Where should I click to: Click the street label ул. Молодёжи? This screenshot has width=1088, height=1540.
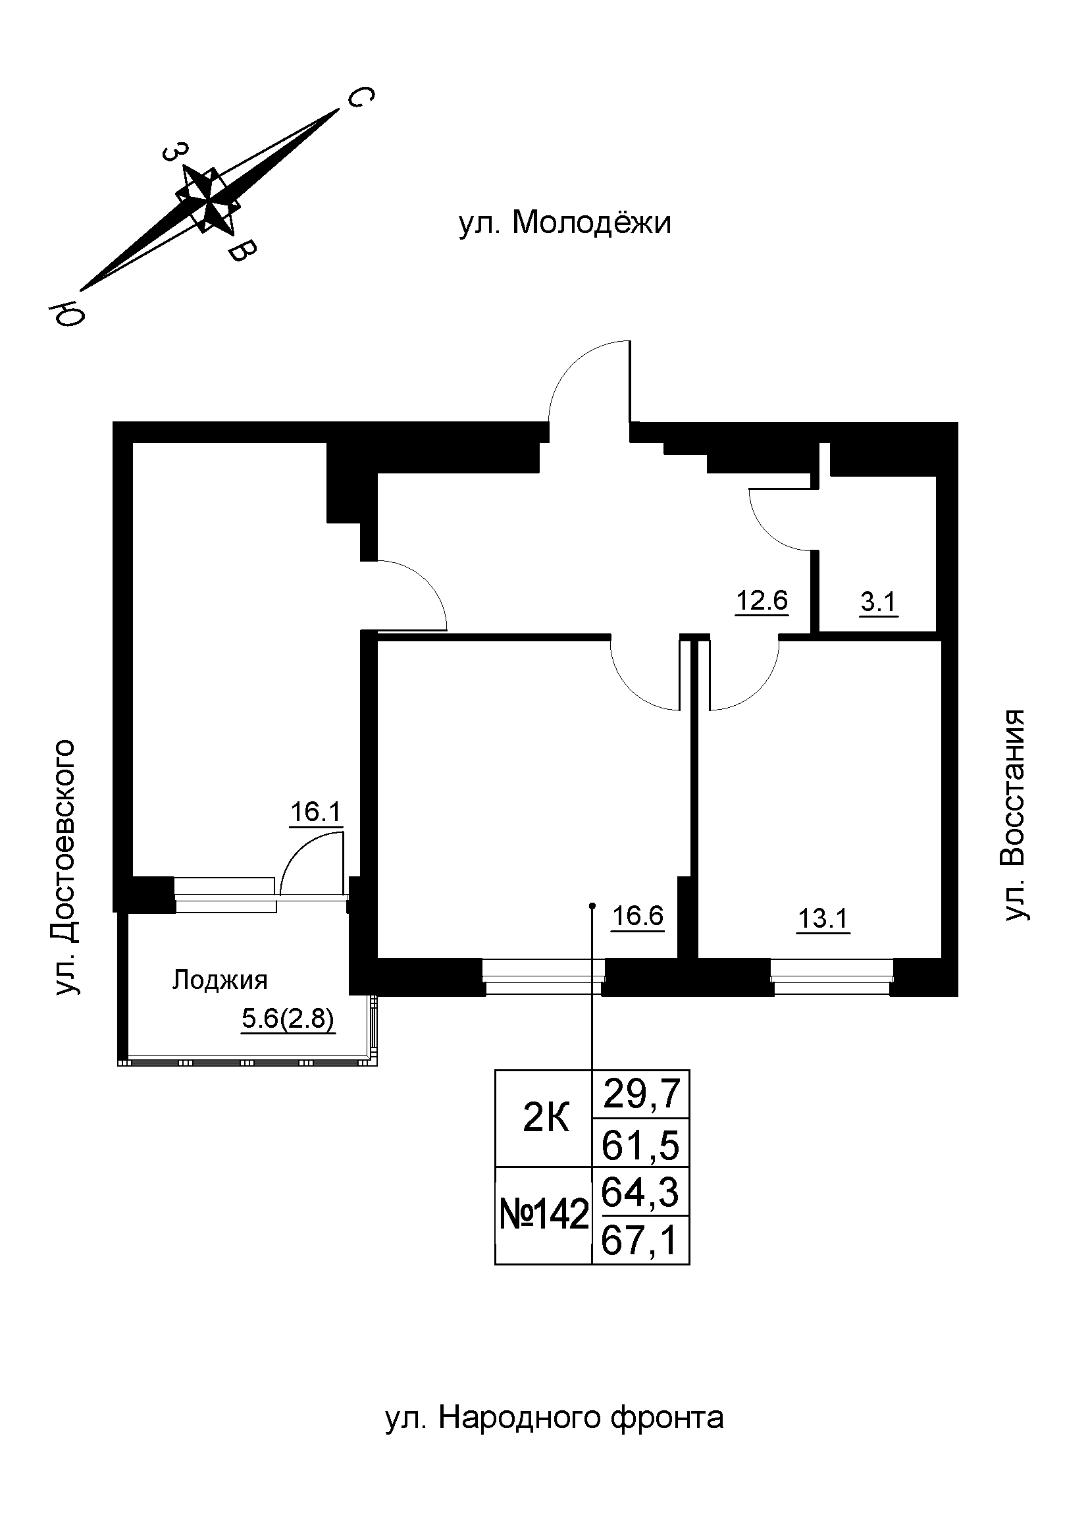point(565,224)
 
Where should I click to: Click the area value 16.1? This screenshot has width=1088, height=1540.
point(316,812)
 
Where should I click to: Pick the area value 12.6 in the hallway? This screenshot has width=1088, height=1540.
point(762,600)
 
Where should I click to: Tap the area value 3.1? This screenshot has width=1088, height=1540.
point(878,602)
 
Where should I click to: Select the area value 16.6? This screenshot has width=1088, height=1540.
point(638,916)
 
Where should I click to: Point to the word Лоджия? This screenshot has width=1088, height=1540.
point(220,980)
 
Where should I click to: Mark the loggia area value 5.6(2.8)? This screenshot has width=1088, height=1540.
point(288,1019)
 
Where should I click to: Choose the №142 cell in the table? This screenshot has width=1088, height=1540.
point(544,1215)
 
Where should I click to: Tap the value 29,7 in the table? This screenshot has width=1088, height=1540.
point(642,1094)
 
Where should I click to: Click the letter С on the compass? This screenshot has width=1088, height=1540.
point(360,99)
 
